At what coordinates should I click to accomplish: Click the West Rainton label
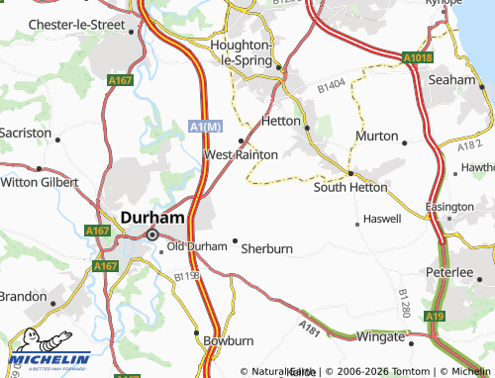[241, 154]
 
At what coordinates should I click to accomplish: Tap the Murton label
[376, 135]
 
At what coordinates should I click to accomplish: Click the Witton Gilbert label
[40, 182]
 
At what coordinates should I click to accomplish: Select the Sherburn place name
[267, 249]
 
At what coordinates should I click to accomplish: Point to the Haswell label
[382, 218]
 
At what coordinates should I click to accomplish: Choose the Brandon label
[22, 296]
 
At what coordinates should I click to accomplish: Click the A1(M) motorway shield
[203, 126]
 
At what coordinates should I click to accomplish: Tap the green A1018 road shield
[418, 58]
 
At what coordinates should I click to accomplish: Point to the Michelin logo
[44, 353]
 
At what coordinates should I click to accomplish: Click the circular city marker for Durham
[152, 235]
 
